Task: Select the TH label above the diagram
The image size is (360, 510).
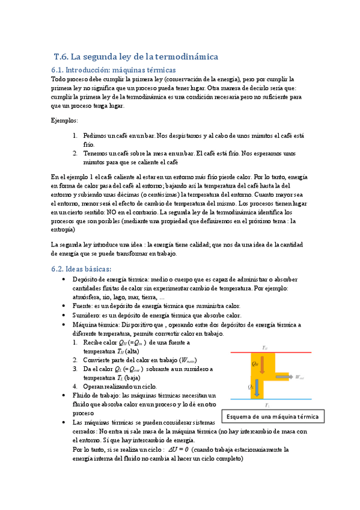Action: pos(265,348)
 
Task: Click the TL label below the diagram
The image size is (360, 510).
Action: pos(266,405)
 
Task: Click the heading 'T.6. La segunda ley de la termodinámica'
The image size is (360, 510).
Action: pos(136,57)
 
